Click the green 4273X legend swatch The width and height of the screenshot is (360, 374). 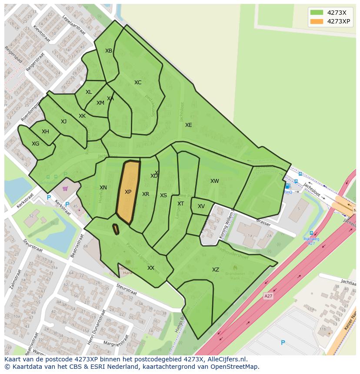[x=317, y=13]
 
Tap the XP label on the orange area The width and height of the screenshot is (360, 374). [x=128, y=192]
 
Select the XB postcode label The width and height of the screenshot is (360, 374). [x=109, y=51]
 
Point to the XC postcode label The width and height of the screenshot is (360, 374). [x=138, y=83]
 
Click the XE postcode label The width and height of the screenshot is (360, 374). [x=188, y=125]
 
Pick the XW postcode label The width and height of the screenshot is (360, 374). [x=215, y=181]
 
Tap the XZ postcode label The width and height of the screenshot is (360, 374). [x=216, y=270]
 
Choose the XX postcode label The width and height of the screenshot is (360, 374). [x=151, y=268]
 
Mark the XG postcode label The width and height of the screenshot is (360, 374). [x=35, y=144]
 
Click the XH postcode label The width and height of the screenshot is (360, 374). [x=45, y=132]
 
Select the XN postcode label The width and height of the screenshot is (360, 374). [x=103, y=188]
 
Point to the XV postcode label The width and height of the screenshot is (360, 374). [x=201, y=206]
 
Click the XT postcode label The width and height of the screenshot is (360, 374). [x=180, y=204]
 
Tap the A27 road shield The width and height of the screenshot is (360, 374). [x=269, y=296]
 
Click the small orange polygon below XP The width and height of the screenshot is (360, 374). [x=116, y=229]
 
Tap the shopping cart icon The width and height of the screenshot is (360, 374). [x=65, y=189]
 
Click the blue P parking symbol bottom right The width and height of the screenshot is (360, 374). [x=283, y=343]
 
